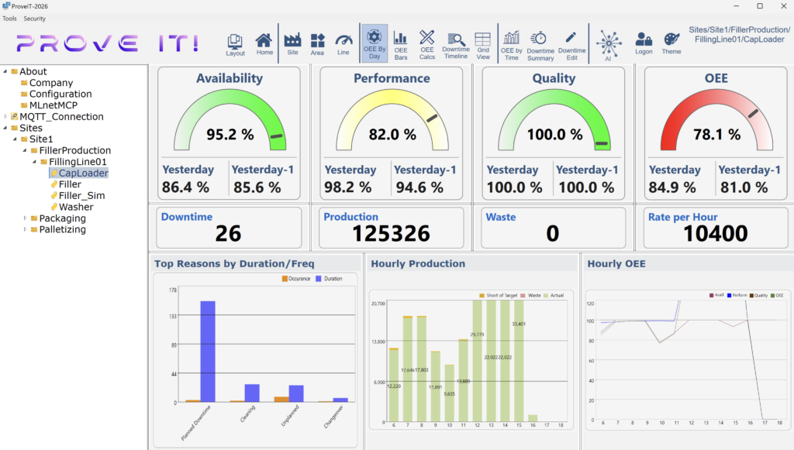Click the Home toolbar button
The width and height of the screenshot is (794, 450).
tap(264, 44)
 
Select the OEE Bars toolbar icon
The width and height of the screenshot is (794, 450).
tap(400, 44)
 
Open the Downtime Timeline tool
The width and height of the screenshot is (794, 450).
tap(456, 44)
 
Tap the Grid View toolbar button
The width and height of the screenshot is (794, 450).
tap(483, 44)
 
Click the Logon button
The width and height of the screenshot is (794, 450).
tap(644, 44)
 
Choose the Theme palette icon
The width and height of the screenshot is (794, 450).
tap(671, 44)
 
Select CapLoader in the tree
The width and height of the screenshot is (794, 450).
tap(83, 173)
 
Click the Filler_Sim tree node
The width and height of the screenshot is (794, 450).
tap(81, 196)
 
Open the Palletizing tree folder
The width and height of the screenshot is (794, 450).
tap(62, 230)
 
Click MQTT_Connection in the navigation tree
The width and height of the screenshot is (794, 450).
tap(61, 117)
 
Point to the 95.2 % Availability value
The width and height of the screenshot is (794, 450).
tap(230, 135)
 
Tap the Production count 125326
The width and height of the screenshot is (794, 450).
tap(391, 233)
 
